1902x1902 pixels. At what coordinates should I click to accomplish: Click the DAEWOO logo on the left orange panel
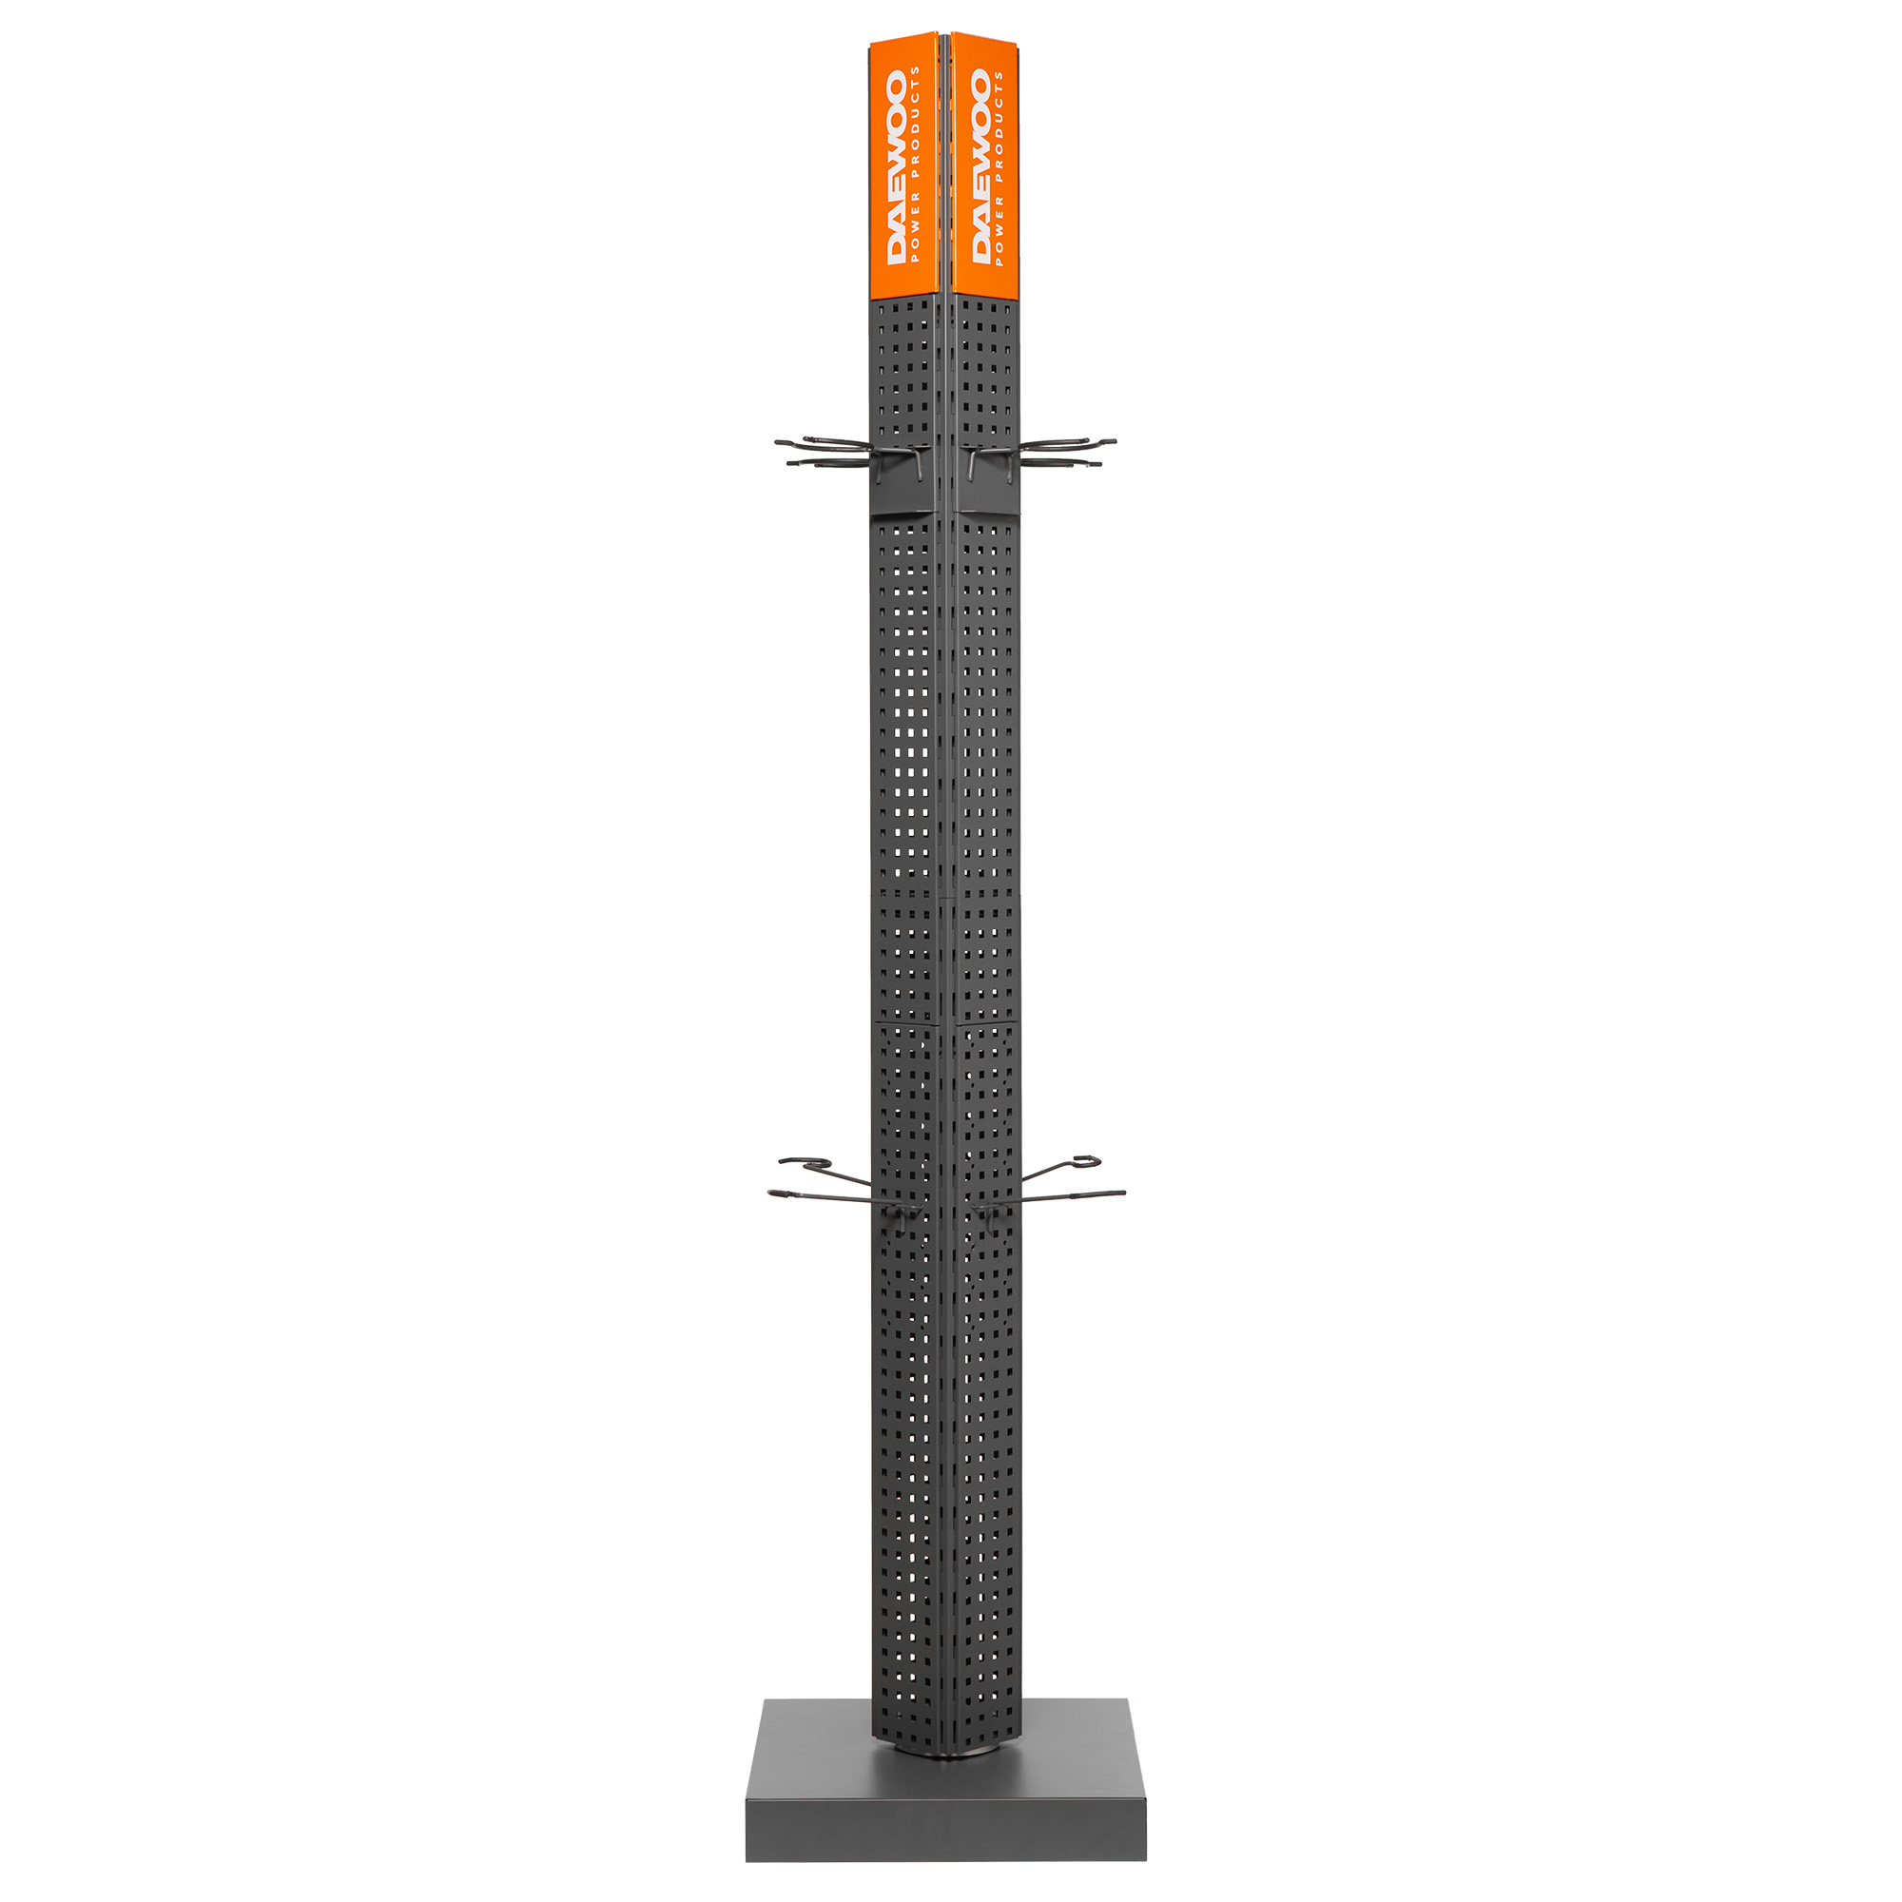point(896,167)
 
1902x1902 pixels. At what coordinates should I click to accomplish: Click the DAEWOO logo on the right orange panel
point(980,167)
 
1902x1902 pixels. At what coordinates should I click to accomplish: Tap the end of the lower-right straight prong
point(1123,1194)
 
